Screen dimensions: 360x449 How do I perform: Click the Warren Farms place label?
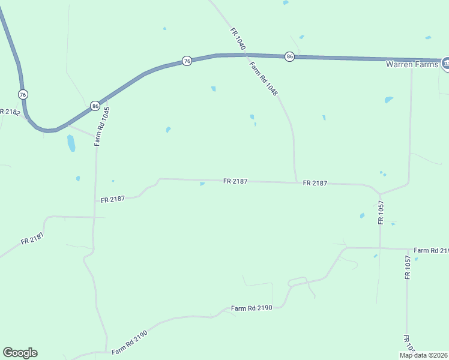413,64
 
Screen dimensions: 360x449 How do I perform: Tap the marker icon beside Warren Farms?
446,63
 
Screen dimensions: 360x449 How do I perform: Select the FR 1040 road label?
238,38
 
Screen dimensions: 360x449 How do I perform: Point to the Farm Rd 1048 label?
264,80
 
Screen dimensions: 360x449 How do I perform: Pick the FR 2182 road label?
10,112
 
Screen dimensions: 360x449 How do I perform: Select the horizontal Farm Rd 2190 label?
252,308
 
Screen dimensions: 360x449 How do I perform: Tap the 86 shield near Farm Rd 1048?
290,56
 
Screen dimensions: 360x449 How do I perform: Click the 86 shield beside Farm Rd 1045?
95,106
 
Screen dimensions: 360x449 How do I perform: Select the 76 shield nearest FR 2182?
23,95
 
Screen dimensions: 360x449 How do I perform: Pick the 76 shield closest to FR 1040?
187,61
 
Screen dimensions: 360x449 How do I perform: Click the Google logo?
20,353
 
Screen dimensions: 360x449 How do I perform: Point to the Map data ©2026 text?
424,355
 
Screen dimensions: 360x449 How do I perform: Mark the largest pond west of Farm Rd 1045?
71,143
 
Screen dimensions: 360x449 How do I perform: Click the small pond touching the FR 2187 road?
202,184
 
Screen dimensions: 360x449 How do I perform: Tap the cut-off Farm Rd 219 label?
431,250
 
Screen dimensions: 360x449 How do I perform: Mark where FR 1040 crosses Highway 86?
246,55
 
